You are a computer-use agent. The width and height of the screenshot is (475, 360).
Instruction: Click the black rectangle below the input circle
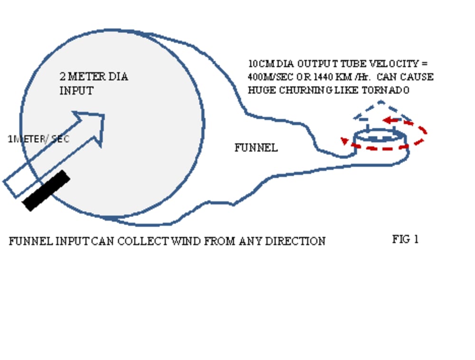[47, 190]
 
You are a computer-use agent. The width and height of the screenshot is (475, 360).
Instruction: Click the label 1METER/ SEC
[38, 139]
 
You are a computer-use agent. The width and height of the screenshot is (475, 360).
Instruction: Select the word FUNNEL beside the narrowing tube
[256, 148]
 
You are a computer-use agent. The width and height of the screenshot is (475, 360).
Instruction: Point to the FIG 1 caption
[405, 239]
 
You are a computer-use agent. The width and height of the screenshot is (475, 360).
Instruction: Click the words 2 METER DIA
[94, 76]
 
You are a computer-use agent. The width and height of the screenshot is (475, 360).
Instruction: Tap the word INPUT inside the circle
[76, 91]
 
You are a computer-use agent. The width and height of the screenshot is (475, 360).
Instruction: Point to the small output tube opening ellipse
[380, 135]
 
